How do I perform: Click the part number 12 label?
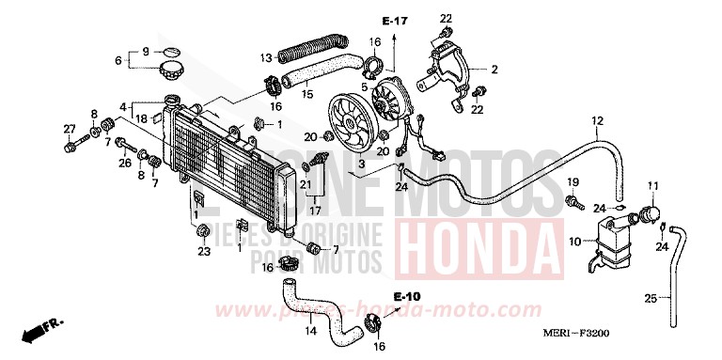(597, 120)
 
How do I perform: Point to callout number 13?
(266, 55)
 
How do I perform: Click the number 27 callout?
(70, 129)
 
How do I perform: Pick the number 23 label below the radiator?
(203, 251)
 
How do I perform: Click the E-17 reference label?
(393, 21)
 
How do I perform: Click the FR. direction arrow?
(42, 330)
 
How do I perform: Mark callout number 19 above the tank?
(573, 181)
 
